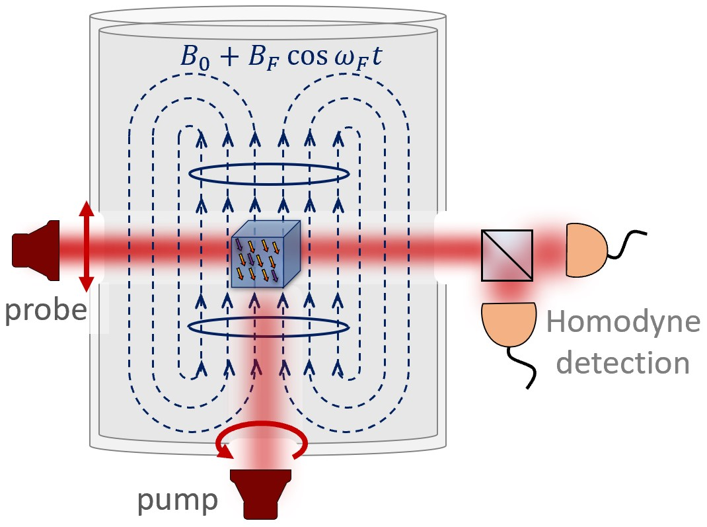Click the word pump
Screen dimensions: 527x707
coord(176,501)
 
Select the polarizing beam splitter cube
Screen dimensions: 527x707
coord(507,255)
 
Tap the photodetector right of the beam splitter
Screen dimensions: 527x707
coord(585,249)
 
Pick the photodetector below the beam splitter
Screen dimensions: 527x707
coord(509,325)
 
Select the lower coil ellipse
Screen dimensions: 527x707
coord(269,327)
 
